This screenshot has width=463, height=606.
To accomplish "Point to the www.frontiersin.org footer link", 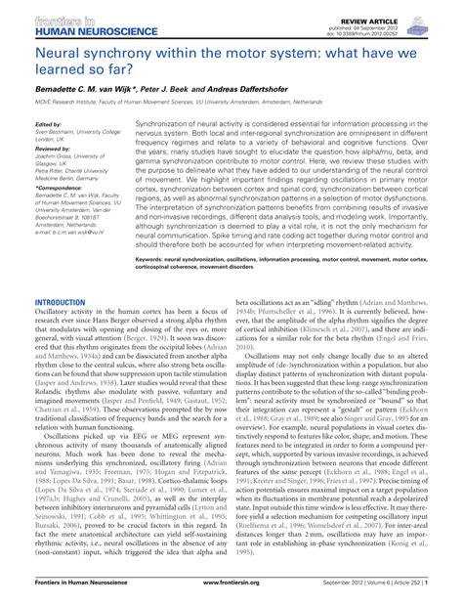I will click(x=231, y=595).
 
